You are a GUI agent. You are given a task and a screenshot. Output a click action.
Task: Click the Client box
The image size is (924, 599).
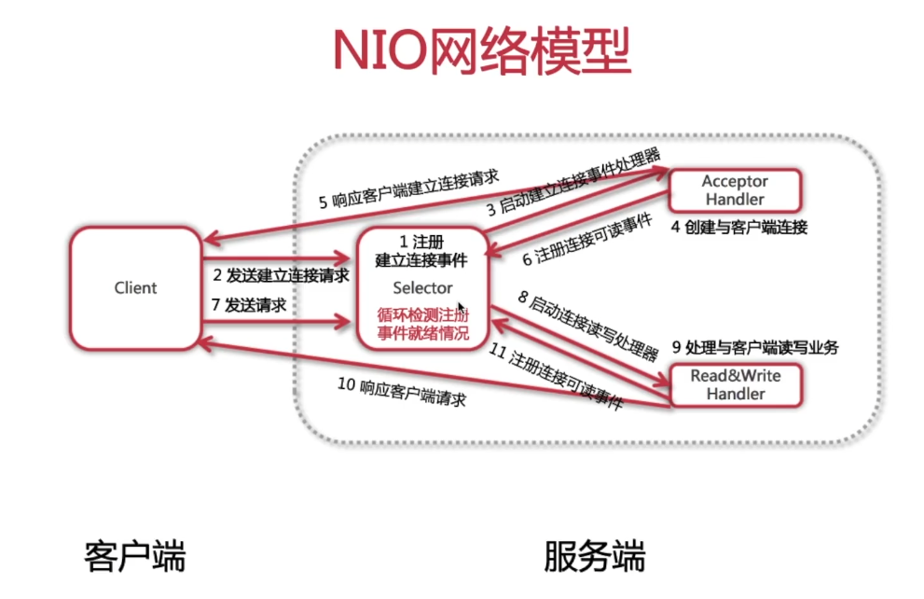pyautogui.click(x=135, y=287)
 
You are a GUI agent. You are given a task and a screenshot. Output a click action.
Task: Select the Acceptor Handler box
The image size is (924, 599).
pyautogui.click(x=734, y=189)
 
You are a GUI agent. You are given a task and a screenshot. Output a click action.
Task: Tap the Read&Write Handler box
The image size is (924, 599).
pyautogui.click(x=735, y=384)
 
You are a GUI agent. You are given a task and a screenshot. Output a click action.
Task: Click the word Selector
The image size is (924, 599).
pyautogui.click(x=422, y=287)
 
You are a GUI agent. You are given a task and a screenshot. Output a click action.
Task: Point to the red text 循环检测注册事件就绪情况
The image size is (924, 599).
pyautogui.click(x=422, y=324)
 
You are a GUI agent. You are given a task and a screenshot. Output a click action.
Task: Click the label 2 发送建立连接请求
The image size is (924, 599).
pyautogui.click(x=281, y=275)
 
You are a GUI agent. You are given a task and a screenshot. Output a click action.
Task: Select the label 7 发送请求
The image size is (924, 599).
pyautogui.click(x=249, y=305)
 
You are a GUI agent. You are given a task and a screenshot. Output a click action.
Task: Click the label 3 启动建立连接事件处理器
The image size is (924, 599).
pyautogui.click(x=572, y=181)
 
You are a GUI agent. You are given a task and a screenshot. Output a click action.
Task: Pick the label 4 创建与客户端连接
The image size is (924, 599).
pyautogui.click(x=739, y=227)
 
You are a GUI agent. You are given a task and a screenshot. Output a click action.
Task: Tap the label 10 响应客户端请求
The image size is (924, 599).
pyautogui.click(x=401, y=393)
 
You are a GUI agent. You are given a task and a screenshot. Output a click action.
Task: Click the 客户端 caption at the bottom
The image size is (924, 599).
pyautogui.click(x=134, y=557)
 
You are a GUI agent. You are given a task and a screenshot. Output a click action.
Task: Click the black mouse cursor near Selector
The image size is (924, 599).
pyautogui.click(x=461, y=307)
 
